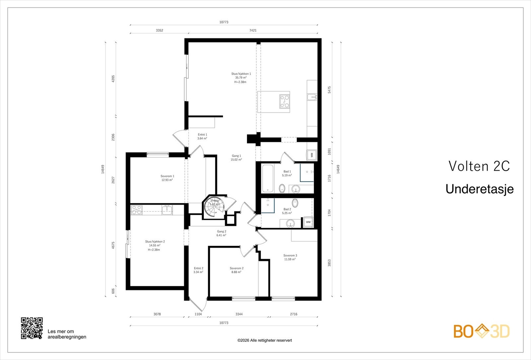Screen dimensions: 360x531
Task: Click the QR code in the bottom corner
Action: [32, 328]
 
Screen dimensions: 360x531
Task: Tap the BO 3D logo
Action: [482, 331]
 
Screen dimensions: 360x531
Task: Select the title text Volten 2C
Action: [479, 166]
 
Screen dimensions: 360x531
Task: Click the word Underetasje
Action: [480, 189]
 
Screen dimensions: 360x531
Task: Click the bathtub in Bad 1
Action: [267, 179]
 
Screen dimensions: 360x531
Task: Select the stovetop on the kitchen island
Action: [284, 101]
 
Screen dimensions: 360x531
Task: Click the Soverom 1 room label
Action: [167, 176]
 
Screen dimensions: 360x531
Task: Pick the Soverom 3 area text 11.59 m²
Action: [290, 259]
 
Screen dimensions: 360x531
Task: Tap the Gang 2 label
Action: [221, 232]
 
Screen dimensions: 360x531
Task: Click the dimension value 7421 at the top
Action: [253, 30]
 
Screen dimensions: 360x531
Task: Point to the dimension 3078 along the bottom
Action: [157, 314]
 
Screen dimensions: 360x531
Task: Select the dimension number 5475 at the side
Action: [329, 90]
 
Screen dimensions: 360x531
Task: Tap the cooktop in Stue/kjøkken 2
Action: [137, 210]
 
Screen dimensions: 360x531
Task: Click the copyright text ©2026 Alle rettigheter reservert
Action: [265, 340]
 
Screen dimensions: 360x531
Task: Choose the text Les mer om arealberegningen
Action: [67, 334]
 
